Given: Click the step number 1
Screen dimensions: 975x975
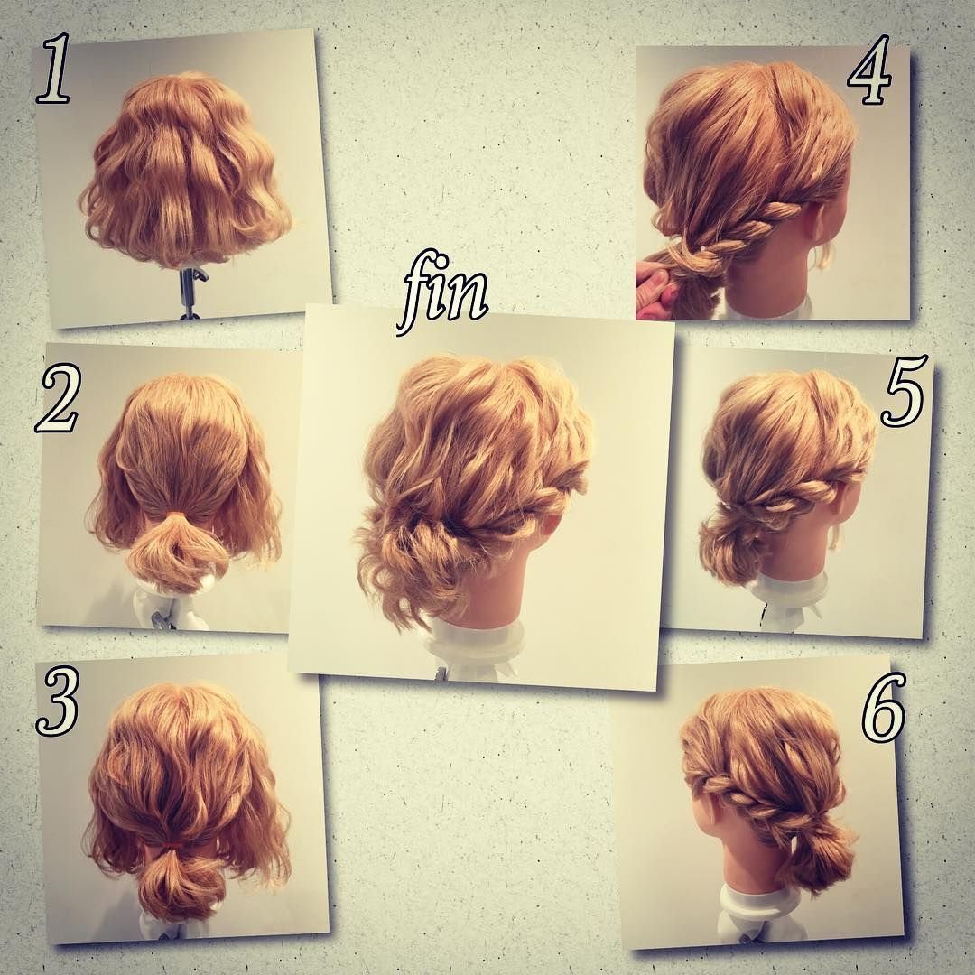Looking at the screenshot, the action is [x=54, y=70].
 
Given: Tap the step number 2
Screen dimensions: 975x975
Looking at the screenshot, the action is [x=57, y=399].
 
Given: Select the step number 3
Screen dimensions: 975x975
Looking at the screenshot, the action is [x=58, y=701].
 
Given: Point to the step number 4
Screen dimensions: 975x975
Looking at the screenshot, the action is [x=870, y=70].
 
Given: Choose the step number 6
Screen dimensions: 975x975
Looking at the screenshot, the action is [x=883, y=709].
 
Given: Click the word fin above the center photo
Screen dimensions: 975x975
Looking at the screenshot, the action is [x=442, y=292].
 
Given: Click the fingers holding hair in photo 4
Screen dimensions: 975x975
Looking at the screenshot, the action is [x=655, y=287].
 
